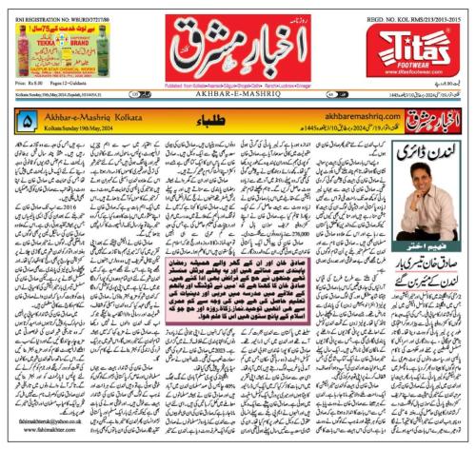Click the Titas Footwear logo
425,42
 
